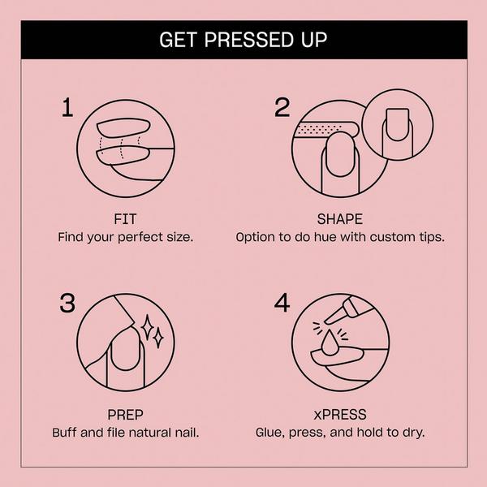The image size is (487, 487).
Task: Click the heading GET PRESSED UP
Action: (x=243, y=39)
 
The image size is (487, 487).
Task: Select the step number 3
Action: (x=68, y=303)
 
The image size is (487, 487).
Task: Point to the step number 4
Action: (x=282, y=303)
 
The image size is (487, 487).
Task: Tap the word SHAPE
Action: (x=339, y=219)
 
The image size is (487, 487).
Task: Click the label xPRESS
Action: (x=339, y=415)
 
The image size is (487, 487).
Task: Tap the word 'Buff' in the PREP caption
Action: (x=65, y=433)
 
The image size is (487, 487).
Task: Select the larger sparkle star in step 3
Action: (x=149, y=327)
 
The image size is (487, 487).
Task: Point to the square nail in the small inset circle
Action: (x=398, y=123)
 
